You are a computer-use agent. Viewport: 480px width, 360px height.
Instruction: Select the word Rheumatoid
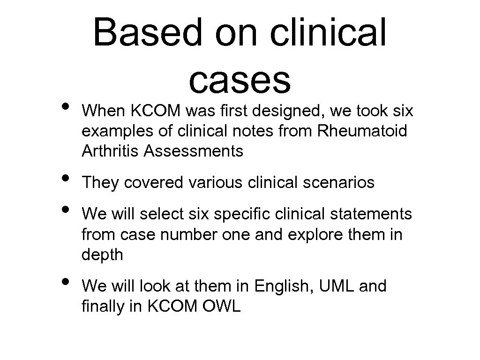(x=362, y=131)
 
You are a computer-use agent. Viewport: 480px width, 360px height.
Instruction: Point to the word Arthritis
(x=111, y=151)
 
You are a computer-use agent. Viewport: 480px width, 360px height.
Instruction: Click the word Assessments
(x=194, y=151)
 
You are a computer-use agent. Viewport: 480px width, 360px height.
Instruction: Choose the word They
(x=100, y=182)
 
